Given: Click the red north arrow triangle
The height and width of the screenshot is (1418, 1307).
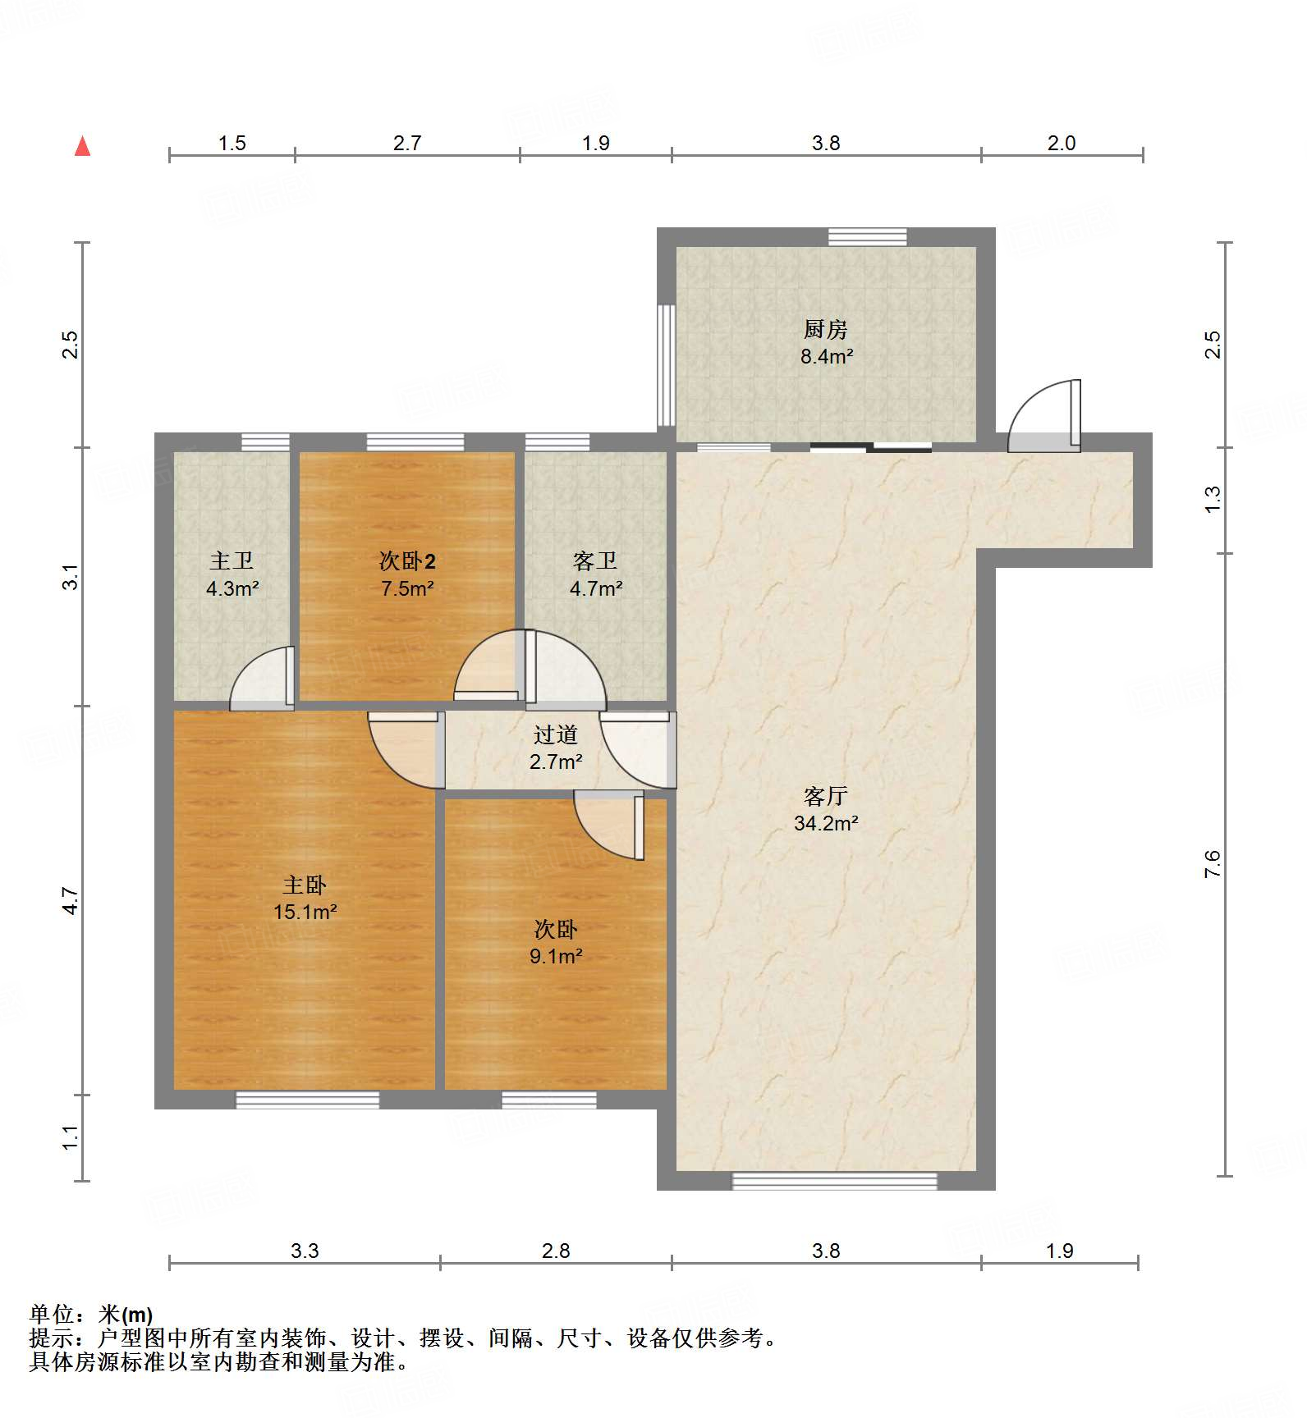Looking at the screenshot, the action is [82, 146].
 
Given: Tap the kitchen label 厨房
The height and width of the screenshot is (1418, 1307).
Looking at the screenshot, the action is [826, 329].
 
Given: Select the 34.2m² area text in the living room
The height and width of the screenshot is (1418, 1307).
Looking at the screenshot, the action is [826, 823].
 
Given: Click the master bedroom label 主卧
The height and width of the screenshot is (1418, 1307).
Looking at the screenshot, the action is [305, 885].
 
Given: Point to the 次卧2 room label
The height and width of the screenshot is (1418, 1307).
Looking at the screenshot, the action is [407, 561].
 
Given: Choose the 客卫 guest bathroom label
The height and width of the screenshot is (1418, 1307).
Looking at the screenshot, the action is [595, 561].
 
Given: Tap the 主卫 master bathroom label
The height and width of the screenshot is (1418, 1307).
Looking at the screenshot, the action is [232, 561].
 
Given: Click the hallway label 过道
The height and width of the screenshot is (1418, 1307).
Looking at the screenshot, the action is [556, 734].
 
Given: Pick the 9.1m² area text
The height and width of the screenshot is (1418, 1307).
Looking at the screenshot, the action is [556, 956].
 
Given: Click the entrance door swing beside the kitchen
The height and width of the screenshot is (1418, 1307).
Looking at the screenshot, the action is [1044, 415].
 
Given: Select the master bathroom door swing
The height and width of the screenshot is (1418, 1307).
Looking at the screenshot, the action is [262, 679].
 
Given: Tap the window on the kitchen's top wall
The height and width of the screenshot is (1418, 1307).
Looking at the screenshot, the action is [868, 237].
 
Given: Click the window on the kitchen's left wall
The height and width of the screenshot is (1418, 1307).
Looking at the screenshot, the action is [667, 365].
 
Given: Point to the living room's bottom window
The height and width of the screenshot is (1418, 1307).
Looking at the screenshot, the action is [834, 1181].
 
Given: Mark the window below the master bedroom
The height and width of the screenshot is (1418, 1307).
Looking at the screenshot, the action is [308, 1100].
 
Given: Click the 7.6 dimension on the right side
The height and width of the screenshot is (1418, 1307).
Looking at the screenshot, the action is [1213, 864].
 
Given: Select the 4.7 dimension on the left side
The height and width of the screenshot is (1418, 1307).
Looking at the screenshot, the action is [71, 901].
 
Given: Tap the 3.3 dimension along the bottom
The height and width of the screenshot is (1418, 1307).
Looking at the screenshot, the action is [305, 1251].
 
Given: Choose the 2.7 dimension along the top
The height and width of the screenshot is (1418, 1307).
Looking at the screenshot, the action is [407, 144].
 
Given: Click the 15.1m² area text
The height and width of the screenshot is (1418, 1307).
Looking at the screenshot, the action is [305, 912].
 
